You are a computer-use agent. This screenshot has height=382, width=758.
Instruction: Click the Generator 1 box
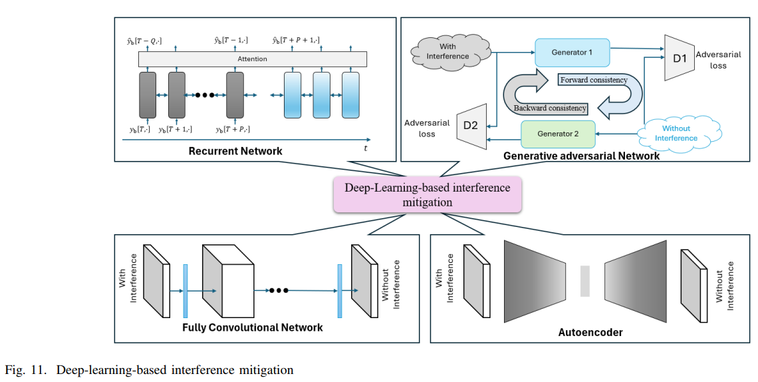click(572, 52)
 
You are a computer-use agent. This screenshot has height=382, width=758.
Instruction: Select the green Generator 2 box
click(558, 134)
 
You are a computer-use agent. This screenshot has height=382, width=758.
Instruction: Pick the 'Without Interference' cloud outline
click(676, 133)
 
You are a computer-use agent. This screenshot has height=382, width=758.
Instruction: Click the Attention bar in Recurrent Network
click(252, 59)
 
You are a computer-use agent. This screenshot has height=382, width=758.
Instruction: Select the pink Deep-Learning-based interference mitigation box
click(427, 194)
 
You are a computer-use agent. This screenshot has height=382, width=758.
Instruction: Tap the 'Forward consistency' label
click(593, 80)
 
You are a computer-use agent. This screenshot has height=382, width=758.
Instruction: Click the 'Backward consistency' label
click(550, 108)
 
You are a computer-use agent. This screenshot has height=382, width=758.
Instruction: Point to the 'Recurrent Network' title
click(235, 151)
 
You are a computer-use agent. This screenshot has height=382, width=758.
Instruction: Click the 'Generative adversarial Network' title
click(581, 156)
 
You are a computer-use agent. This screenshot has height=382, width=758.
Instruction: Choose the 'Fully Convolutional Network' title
click(253, 327)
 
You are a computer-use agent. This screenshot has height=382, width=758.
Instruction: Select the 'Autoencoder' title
click(590, 332)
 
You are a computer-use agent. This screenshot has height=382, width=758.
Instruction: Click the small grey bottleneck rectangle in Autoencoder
click(584, 281)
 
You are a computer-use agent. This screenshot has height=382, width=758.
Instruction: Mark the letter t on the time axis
click(365, 148)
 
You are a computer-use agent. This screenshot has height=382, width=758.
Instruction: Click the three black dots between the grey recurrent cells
click(205, 95)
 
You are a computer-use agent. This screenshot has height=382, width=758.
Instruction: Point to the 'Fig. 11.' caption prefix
click(27, 369)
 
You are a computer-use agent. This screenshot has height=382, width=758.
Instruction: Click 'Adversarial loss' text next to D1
click(718, 60)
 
